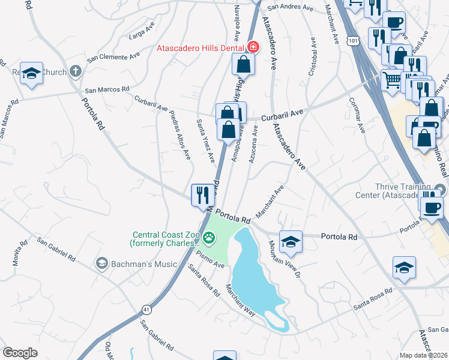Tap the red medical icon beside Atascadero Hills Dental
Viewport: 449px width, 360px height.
coord(253,47)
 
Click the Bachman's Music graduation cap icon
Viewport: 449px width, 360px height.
coord(101,263)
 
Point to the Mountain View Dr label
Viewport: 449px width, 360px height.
coord(283,260)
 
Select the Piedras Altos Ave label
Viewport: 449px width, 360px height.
coord(179,135)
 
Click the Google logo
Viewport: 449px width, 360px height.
coord(20,353)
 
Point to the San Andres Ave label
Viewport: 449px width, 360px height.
coord(291,8)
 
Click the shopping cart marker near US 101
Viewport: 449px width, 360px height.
coord(392,79)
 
